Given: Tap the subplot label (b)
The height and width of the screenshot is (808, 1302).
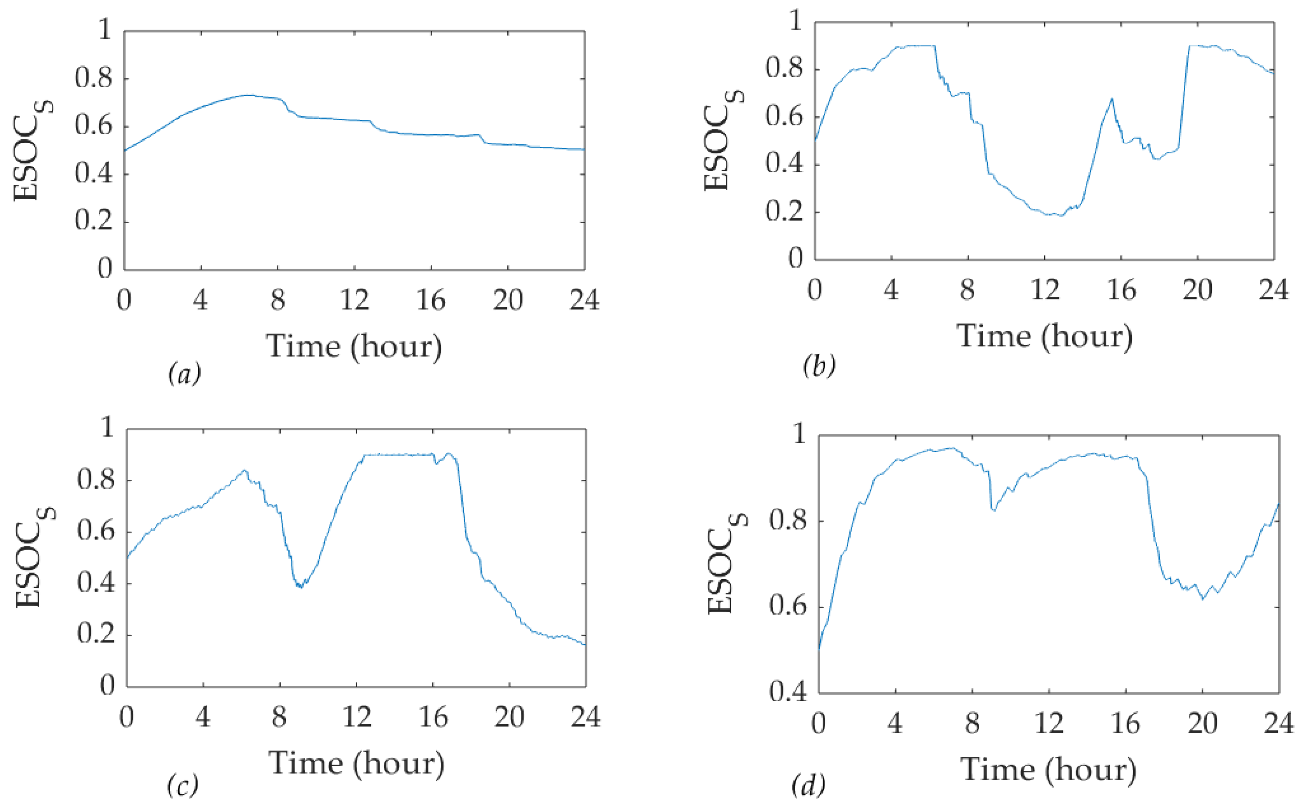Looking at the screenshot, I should pos(818,366).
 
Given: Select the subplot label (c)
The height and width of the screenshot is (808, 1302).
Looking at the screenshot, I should pos(182,785).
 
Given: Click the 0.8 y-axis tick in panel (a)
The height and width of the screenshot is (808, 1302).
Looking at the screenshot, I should pos(93,78).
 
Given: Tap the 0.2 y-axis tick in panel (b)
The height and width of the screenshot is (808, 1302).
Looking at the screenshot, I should pos(784,212).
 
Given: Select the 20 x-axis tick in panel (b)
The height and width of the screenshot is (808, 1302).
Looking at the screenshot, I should pos(1197,291).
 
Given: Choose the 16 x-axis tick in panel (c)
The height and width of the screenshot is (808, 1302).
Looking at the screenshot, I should pos(433,717).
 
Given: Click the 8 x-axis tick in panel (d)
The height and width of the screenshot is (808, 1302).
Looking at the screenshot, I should pos(972,723).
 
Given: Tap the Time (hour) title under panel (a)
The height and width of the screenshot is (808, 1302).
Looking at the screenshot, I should pos(354,346).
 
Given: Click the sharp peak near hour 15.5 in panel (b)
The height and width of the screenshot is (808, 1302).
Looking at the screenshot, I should pos(1112,99).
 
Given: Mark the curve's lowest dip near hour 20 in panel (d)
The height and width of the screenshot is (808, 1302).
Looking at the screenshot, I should pos(1203,599).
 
